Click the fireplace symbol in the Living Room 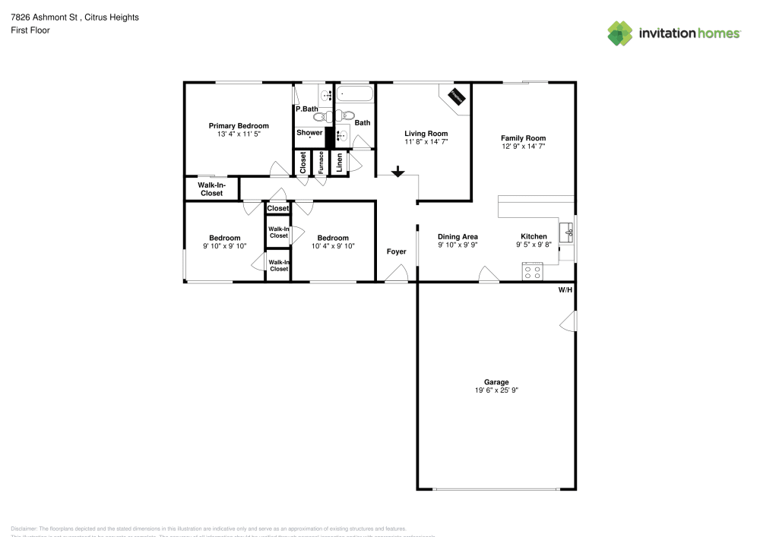457,97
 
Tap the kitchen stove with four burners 532,271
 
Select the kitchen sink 566,232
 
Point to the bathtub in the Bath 356,95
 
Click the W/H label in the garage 565,290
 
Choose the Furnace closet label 321,164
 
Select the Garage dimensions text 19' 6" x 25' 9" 496,390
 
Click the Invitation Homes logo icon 620,33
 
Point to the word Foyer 396,251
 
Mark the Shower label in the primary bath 309,133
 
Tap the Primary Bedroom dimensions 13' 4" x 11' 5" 239,134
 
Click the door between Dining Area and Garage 489,274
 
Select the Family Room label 524,137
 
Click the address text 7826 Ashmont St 46,17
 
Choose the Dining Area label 458,237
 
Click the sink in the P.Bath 326,96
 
